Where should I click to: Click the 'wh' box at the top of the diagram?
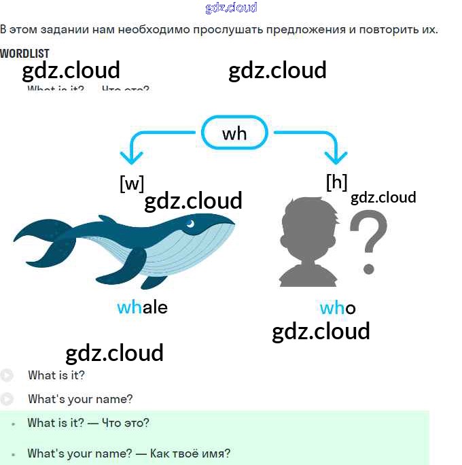click(234, 133)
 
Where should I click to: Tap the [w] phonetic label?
click(132, 184)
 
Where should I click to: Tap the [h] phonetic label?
click(336, 182)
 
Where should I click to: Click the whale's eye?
click(192, 224)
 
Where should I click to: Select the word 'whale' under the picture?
click(142, 307)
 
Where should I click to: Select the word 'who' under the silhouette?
click(338, 309)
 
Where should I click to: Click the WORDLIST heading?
click(24, 54)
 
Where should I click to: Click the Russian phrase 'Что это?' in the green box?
click(125, 423)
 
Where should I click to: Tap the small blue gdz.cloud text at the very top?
click(231, 8)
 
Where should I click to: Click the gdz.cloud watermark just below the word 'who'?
click(321, 331)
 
